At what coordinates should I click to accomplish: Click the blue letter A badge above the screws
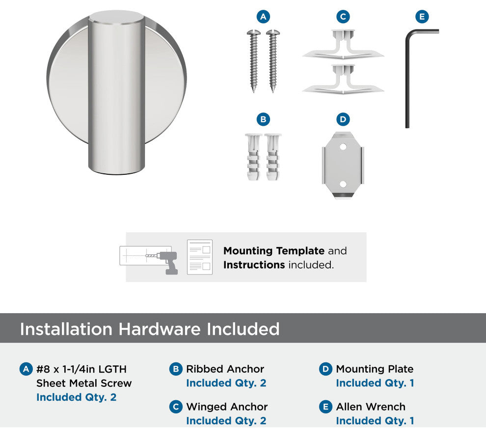coord(263,17)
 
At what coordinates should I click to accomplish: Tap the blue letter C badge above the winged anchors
coord(343,17)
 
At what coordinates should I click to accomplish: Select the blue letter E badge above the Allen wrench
coord(422,17)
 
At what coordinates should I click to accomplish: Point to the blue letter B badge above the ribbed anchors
coord(263,119)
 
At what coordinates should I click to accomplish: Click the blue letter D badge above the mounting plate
coord(343,119)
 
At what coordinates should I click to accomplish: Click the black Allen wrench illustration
coord(407,78)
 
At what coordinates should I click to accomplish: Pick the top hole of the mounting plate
coord(343,146)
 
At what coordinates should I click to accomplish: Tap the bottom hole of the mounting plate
coord(343,184)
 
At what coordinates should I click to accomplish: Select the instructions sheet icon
coord(200,257)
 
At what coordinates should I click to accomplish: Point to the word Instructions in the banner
coord(254,265)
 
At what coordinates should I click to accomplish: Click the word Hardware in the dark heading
coord(160,329)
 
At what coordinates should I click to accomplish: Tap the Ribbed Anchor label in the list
coord(225,369)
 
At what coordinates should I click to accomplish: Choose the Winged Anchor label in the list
coord(227,407)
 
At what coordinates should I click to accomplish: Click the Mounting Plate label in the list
coord(375,369)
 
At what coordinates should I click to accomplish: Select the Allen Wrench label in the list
coord(371,407)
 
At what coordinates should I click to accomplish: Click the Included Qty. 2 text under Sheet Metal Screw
coord(76,397)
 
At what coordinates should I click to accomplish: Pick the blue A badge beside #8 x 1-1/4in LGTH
coord(26,369)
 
